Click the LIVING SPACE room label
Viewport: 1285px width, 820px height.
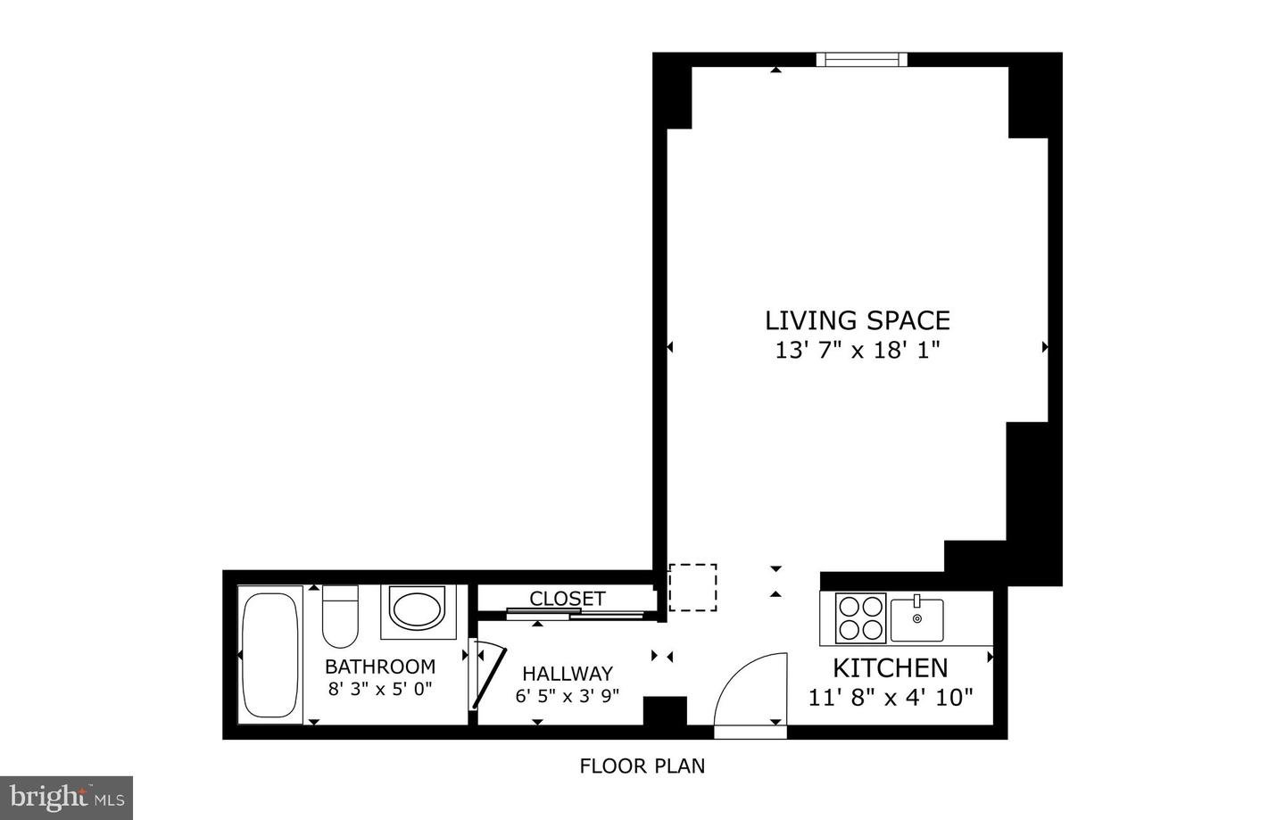pos(857,320)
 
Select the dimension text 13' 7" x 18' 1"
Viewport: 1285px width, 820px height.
pos(857,350)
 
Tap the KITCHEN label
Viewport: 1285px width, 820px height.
pos(890,667)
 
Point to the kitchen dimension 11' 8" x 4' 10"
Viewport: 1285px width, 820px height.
pos(890,697)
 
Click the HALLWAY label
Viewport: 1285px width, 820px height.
pos(568,674)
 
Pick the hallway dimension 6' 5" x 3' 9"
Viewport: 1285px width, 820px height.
pos(568,696)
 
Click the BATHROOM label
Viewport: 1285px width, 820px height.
pos(380,667)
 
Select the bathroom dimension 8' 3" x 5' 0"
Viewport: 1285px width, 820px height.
pos(380,689)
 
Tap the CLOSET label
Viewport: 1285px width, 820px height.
pos(568,599)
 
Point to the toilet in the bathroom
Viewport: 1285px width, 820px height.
pos(340,616)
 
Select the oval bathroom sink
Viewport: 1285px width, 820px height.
pos(418,611)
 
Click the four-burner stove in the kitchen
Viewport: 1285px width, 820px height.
pos(860,617)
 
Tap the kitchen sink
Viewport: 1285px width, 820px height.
pos(916,619)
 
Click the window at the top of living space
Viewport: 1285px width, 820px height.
pos(861,60)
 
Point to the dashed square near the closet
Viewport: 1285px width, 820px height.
pos(692,587)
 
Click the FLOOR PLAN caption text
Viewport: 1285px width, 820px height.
pos(642,766)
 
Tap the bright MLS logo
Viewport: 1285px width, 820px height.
pos(67,797)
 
